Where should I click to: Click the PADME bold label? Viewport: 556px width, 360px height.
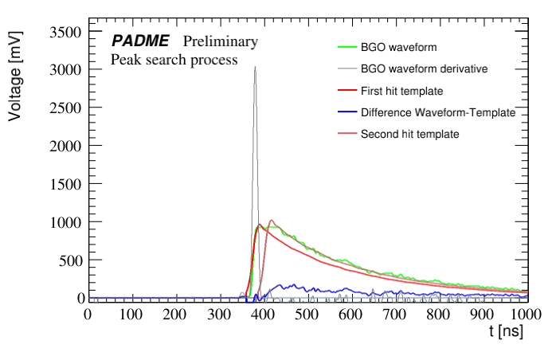tap(140, 41)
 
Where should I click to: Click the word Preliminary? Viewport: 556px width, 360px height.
tap(221, 41)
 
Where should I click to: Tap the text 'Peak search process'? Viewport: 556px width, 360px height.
tap(174, 60)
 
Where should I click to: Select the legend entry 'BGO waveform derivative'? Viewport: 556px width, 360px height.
tap(424, 69)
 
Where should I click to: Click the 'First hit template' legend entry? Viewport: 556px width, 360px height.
tap(401, 91)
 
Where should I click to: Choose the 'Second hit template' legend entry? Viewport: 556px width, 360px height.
tap(409, 134)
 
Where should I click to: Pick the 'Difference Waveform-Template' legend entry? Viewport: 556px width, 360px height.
tap(438, 112)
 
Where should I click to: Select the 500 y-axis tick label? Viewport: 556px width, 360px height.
tap(70, 260)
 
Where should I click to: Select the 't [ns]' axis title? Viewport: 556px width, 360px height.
tap(506, 332)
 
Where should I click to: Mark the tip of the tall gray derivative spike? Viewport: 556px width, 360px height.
tap(255, 67)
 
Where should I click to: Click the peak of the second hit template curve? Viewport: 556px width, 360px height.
tap(272, 221)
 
